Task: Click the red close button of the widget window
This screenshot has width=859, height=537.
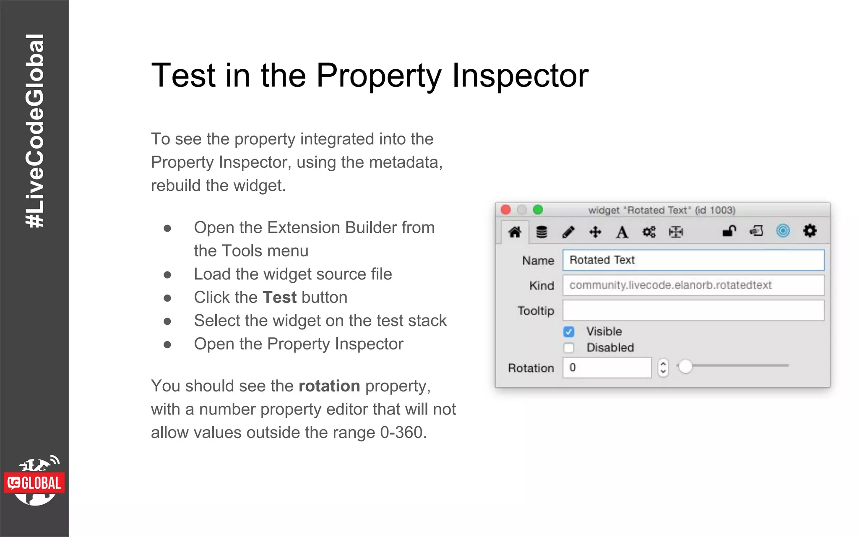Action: coord(506,210)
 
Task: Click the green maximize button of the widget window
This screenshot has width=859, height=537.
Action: coord(538,210)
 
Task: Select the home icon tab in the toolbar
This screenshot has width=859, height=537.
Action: coord(515,232)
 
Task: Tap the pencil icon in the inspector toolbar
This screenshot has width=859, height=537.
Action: coord(568,232)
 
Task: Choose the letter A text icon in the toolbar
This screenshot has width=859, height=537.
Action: coord(622,232)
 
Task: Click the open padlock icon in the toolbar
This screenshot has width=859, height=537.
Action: coord(729,231)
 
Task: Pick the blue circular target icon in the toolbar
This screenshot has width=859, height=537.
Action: coord(783,231)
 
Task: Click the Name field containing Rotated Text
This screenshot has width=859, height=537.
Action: coord(693,260)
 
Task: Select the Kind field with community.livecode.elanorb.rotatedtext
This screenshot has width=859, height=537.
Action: coord(693,285)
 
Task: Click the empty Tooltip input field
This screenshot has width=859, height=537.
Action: coord(693,310)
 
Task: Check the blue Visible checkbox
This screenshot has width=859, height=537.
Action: coord(569,332)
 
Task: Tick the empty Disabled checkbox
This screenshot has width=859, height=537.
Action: coord(569,348)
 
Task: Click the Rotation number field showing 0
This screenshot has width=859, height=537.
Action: coord(607,368)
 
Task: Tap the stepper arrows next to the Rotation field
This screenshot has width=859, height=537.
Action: coord(663,368)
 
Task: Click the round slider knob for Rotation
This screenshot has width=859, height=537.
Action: coord(685,366)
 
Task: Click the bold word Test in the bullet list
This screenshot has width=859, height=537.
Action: coord(279,297)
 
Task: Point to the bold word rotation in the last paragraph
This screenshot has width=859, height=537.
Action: coord(329,386)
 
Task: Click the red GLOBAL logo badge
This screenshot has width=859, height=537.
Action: coord(34,483)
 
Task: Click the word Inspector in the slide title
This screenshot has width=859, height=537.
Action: coord(520,76)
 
